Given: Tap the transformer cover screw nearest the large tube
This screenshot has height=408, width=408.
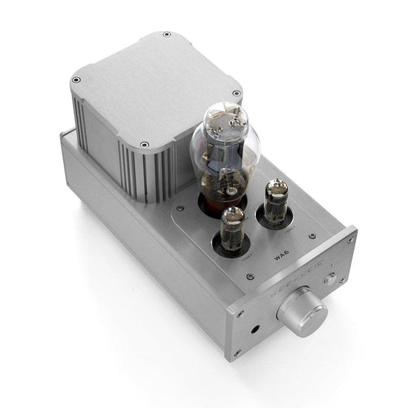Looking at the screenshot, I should (x=236, y=93).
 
